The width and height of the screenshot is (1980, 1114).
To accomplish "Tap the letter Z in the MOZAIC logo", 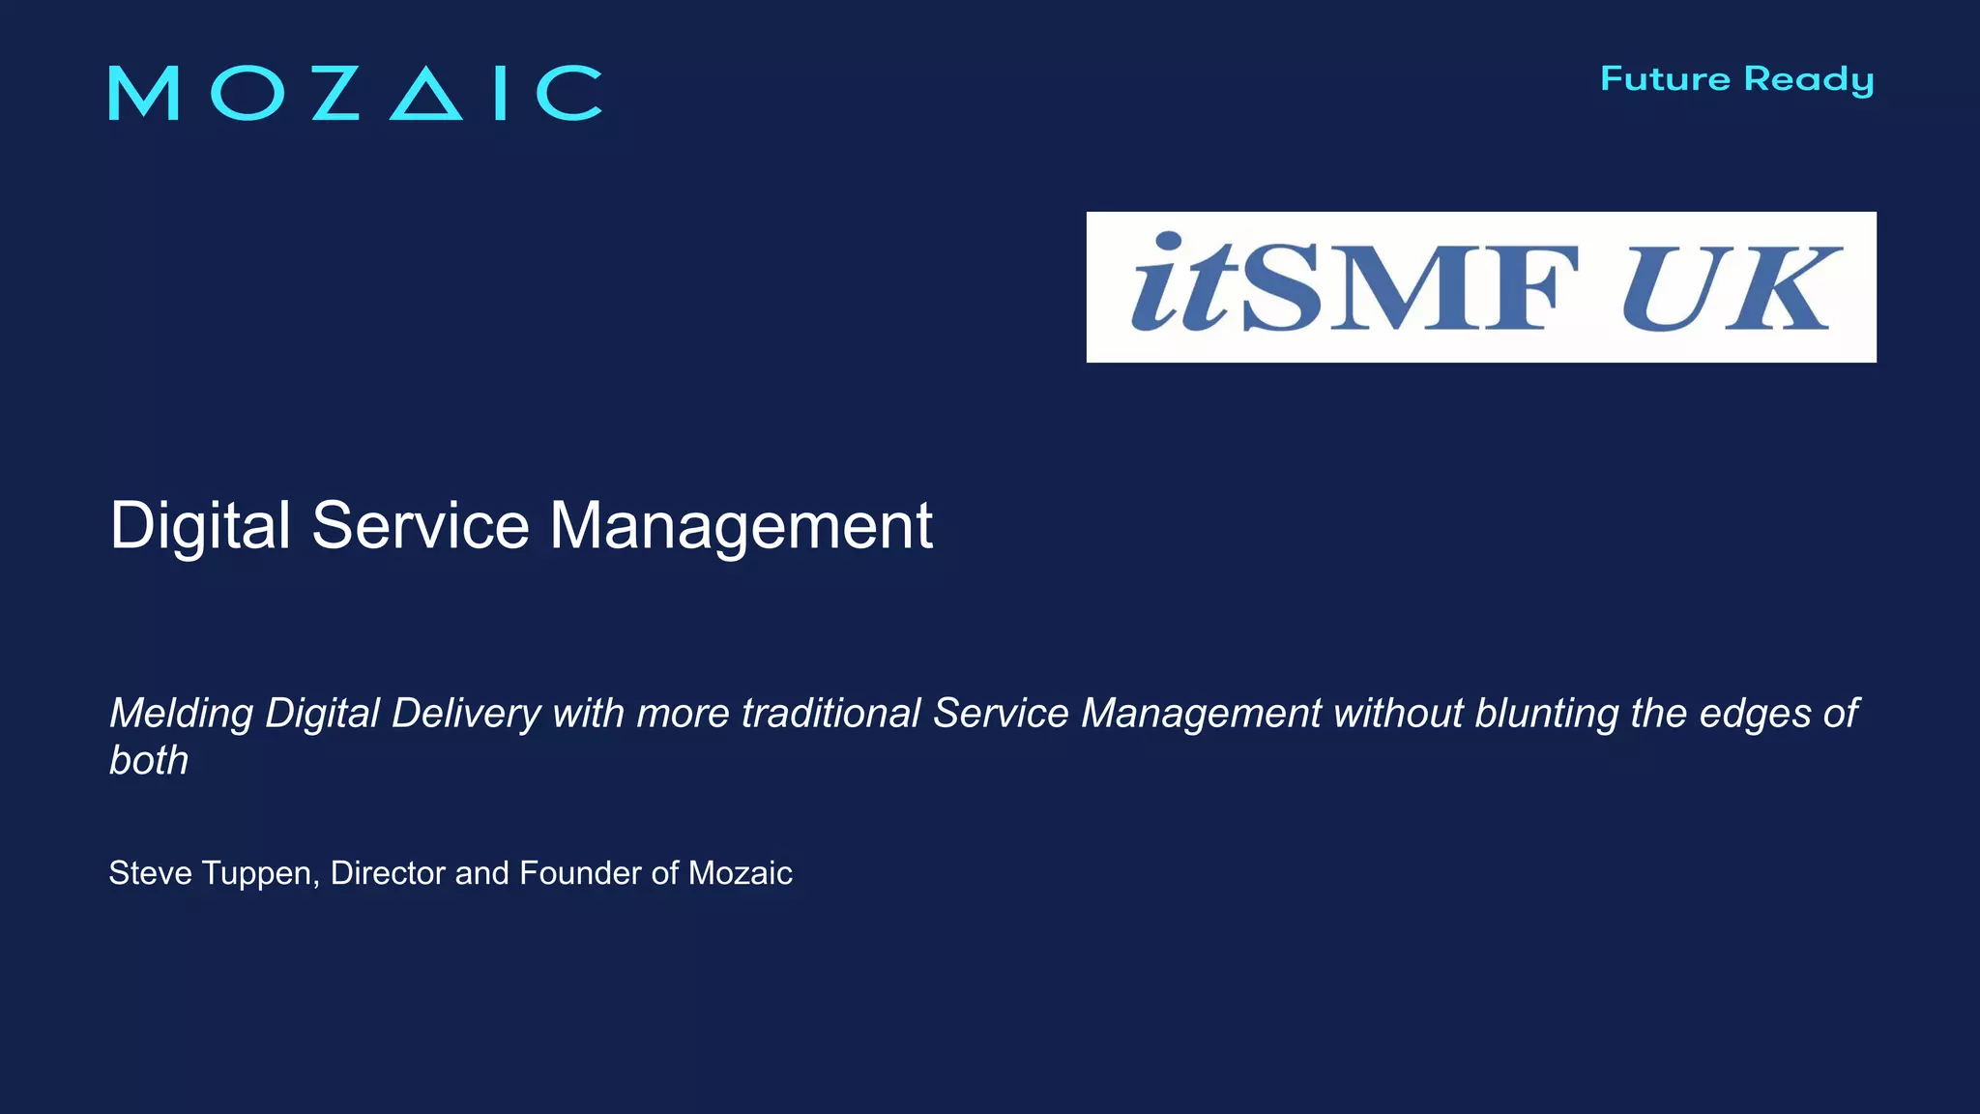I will click(335, 94).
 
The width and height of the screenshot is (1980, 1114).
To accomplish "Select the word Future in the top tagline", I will click(1665, 79).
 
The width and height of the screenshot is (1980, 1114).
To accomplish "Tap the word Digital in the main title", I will click(200, 527).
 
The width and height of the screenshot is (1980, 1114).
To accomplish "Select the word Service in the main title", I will click(421, 527).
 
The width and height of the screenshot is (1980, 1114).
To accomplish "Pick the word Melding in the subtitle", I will click(181, 715).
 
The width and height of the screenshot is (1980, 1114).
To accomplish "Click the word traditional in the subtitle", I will click(830, 714).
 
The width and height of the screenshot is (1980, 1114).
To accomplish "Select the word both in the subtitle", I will click(148, 761).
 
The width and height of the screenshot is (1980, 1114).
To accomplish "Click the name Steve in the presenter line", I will click(150, 873).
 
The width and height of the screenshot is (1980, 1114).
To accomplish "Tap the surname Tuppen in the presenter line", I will click(260, 874).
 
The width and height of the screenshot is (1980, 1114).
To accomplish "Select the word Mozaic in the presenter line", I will click(740, 873).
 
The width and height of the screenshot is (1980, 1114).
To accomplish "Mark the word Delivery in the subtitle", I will click(466, 715).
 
